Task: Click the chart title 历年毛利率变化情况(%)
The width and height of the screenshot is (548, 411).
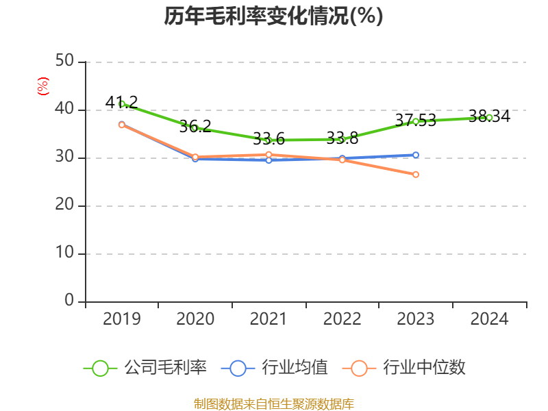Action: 273,16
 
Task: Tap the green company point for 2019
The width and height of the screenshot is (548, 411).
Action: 122,104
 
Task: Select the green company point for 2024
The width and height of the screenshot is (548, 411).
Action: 489,117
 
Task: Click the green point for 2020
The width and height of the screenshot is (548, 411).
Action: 195,127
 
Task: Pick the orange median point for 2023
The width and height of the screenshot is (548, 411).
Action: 416,175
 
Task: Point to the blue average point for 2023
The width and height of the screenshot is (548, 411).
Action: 416,155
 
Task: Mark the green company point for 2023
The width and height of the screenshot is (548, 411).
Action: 416,121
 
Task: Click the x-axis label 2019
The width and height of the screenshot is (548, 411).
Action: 122,319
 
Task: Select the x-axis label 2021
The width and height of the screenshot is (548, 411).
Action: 269,319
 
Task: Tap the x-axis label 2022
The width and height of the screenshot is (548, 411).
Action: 342,319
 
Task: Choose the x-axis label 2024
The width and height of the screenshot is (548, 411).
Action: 489,319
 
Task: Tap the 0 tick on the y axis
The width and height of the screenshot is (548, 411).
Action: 69,301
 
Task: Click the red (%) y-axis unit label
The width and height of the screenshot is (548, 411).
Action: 43,86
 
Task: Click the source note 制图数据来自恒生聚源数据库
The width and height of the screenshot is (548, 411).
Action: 273,403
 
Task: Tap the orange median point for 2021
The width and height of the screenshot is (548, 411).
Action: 269,155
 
